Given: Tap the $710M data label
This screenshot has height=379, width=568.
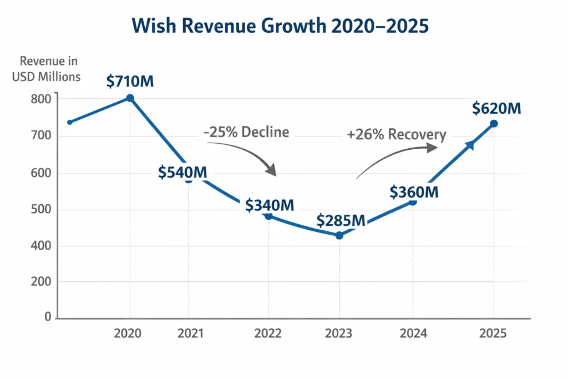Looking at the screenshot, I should click(130, 82).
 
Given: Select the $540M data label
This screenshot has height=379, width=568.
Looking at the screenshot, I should click(182, 172).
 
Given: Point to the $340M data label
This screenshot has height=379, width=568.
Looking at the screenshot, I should click(270, 205).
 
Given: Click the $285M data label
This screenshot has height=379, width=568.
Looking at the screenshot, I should click(341, 220).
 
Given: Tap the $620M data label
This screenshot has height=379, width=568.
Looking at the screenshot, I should click(496, 108).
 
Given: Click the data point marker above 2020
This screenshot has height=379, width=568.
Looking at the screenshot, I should click(130, 98).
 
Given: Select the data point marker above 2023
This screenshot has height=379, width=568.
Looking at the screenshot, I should click(339, 235).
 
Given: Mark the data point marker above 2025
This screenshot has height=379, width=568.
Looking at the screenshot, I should click(494, 124).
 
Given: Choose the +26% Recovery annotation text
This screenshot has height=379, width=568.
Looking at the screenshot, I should click(396, 135).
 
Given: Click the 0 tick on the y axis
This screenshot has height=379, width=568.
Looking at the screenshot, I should click(47, 317).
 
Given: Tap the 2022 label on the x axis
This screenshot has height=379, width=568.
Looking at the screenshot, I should click(268, 333).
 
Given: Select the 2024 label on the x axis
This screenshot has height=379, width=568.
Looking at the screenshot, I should click(413, 333).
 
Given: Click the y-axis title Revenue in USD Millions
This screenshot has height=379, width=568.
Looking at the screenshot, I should click(47, 69).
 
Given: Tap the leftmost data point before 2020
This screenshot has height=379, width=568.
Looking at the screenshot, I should click(69, 122).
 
